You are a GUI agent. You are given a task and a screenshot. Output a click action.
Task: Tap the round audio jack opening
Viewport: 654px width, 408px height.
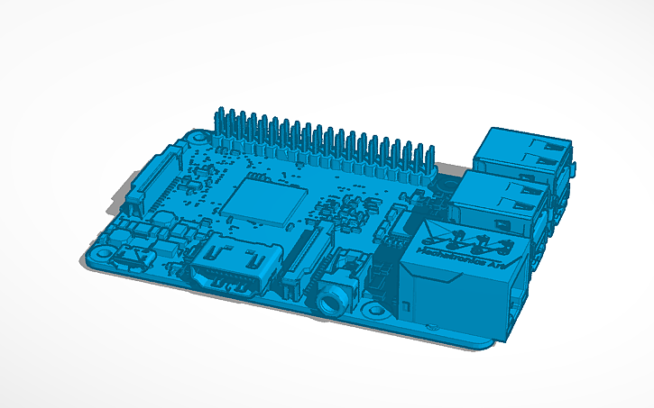pos(327,299)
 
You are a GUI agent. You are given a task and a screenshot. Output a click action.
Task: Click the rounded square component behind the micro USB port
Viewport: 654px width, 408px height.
pos(163,222)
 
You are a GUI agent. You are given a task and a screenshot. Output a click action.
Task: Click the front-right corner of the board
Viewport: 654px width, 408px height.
pos(492,341)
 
